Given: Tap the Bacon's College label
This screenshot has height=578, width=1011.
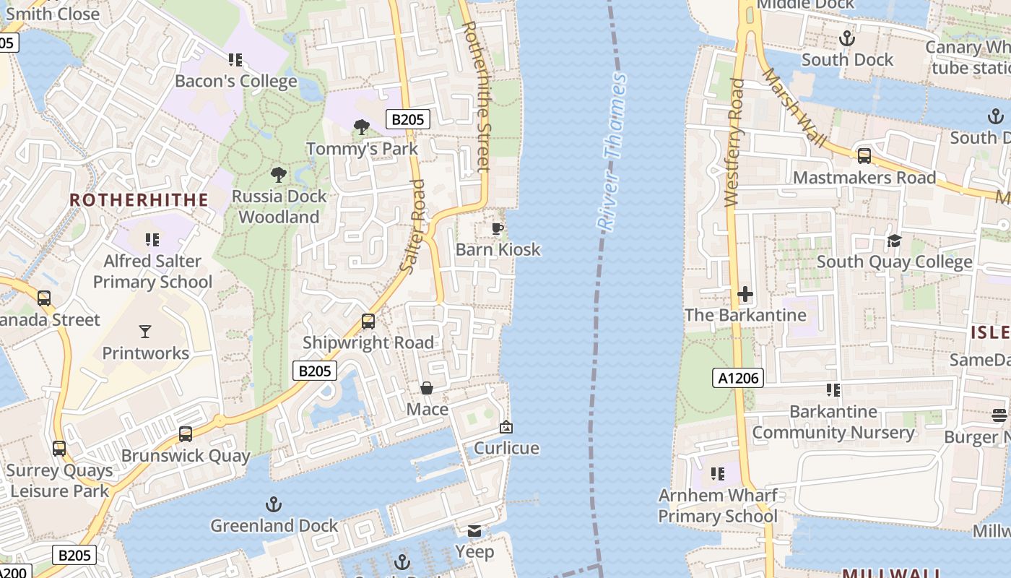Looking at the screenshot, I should click(x=236, y=81).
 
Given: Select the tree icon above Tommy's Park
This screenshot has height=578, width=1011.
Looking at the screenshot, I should click(x=362, y=128).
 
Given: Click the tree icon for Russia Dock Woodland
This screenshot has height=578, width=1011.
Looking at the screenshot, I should click(x=278, y=175).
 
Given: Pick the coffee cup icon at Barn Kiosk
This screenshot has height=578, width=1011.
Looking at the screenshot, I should click(x=497, y=229).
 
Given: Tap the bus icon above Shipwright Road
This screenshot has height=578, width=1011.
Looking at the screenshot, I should click(x=368, y=322).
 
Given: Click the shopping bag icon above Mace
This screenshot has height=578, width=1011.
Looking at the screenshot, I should click(x=427, y=389).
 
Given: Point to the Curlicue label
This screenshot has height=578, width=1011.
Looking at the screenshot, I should click(x=506, y=448).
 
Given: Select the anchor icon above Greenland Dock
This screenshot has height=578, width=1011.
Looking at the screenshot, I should click(x=273, y=504).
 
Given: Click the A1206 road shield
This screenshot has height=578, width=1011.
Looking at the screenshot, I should click(x=737, y=377).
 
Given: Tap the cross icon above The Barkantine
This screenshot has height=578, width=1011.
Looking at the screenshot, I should click(x=745, y=294).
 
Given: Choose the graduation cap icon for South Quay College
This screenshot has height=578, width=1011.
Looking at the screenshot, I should click(x=894, y=241).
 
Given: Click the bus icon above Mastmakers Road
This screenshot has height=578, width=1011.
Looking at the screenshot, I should click(x=864, y=156).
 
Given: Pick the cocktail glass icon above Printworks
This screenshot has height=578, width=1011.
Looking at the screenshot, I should click(x=145, y=332).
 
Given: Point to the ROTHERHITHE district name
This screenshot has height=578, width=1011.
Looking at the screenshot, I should click(x=139, y=200).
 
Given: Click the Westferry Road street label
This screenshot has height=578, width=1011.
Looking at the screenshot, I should click(x=734, y=143).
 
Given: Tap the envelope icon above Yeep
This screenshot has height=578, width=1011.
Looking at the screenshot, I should click(x=474, y=531).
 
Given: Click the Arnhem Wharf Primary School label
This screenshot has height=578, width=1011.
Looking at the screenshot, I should click(x=718, y=506).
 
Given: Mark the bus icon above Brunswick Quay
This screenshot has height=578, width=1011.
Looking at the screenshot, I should click(x=186, y=434).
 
